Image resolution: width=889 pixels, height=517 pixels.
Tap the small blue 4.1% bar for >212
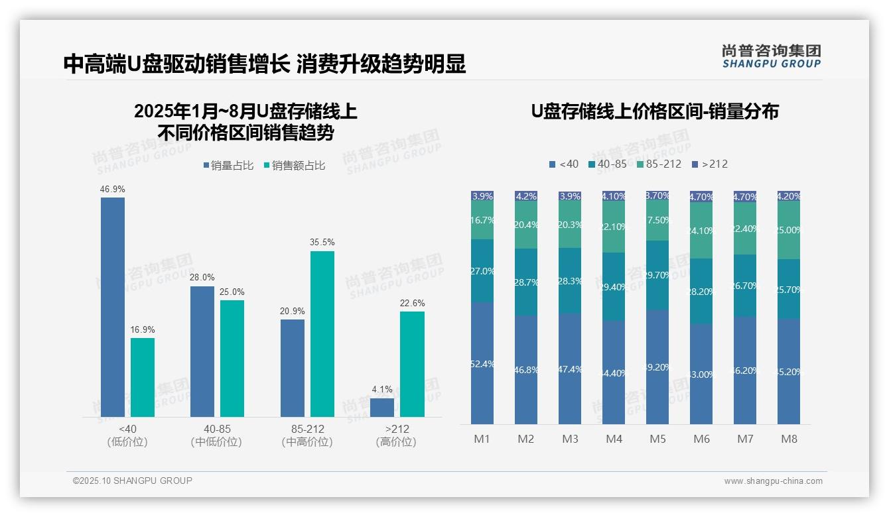[x=382, y=407]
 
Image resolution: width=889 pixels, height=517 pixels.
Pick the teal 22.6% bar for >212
[x=412, y=364]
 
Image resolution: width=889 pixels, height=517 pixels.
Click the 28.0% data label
[x=202, y=278]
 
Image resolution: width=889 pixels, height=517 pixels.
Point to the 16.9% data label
[x=143, y=329]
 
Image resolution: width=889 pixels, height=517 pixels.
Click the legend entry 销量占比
[x=228, y=166]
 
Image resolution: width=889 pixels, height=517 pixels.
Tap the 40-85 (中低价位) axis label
[x=217, y=435]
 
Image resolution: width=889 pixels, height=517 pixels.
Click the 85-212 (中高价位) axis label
[x=307, y=435]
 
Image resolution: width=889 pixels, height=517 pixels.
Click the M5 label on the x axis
[x=657, y=439]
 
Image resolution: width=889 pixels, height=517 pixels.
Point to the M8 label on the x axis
[x=789, y=439]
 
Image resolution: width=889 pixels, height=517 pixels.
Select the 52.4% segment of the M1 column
[x=482, y=363]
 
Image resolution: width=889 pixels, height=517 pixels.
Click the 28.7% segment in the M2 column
[x=526, y=282]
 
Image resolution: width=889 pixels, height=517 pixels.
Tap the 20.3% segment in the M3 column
[x=570, y=224]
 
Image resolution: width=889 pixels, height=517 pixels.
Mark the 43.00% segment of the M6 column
[x=701, y=374]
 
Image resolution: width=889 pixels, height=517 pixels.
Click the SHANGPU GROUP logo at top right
[x=771, y=56]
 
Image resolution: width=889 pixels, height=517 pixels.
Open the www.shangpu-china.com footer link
[x=773, y=481]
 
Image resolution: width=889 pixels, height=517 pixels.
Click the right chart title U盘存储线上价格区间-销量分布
[x=654, y=111]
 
